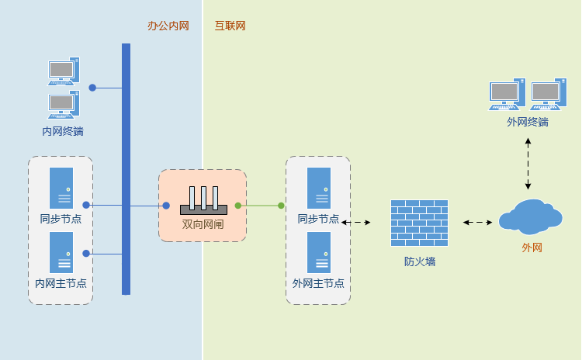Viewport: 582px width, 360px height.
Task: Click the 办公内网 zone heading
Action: pos(168,26)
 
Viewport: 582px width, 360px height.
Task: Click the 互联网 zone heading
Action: pos(230,26)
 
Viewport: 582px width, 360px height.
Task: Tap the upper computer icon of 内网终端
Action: pos(63,71)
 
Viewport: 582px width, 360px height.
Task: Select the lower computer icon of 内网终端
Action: pos(63,104)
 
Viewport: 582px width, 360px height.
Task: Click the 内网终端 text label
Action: pos(63,131)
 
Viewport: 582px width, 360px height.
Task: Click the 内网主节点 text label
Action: pos(61,283)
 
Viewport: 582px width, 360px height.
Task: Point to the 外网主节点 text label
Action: pos(318,283)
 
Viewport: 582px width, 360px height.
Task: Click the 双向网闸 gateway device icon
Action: pos(203,200)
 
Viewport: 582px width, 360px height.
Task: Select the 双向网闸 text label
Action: pos(203,224)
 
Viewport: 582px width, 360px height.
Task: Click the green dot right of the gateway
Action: pos(238,206)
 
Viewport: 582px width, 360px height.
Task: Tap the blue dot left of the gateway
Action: pos(166,206)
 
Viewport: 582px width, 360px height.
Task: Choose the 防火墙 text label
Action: pos(419,261)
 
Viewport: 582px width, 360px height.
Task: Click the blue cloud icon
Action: pos(530,217)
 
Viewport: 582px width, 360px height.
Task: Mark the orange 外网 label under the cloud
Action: pos(532,247)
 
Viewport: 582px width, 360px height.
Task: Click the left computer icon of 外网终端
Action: pos(507,95)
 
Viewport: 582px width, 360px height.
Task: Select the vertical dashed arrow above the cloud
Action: pos(528,164)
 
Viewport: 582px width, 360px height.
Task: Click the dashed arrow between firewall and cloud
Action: pos(478,223)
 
